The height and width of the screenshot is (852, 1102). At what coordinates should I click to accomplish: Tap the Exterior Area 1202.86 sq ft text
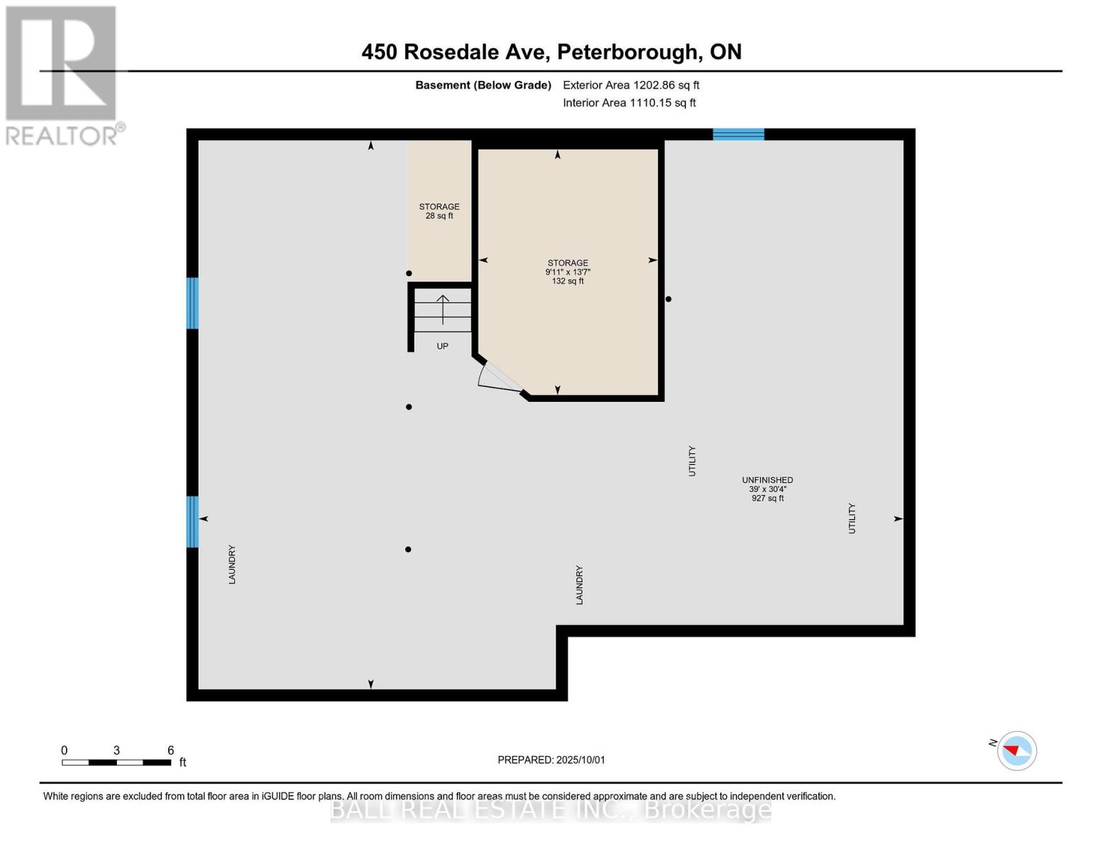point(631,85)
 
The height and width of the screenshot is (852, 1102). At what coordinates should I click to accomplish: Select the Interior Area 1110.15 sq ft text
point(629,103)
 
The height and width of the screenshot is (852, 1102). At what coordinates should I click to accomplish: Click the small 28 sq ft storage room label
point(439,212)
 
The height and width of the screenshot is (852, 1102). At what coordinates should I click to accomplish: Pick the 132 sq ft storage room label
point(568,272)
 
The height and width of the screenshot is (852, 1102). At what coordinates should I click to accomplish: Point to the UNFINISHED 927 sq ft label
point(767,489)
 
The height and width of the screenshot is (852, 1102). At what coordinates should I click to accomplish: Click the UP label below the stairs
point(442,346)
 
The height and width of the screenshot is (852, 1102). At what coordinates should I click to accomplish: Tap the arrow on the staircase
point(443,309)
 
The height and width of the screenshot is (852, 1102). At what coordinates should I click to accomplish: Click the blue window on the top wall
point(738,134)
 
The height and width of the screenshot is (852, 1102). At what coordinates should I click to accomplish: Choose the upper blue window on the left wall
point(192,303)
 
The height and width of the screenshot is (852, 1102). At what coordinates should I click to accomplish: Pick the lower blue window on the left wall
point(192,522)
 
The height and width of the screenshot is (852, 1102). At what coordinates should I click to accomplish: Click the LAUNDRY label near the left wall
point(232,564)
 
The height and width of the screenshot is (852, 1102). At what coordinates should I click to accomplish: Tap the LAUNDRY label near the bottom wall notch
point(579,585)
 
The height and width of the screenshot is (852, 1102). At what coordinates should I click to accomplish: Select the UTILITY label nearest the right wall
point(852,518)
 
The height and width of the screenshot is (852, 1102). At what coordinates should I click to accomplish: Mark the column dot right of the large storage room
point(668,300)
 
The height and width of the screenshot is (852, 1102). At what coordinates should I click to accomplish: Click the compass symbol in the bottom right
point(1016,750)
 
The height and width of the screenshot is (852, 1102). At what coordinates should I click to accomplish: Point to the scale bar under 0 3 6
point(116,763)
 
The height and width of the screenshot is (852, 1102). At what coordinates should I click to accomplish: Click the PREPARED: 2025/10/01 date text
point(551,760)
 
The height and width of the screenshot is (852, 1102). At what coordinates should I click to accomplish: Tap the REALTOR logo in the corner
point(62,75)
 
